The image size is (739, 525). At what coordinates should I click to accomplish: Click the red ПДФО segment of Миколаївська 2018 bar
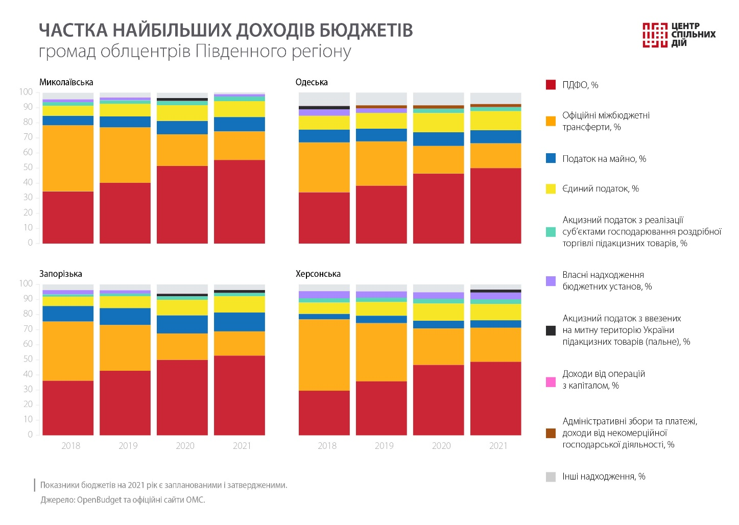[x=68, y=217]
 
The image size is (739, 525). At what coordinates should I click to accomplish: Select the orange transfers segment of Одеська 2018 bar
[x=324, y=167]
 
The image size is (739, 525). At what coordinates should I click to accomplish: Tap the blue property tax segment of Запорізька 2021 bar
[x=240, y=322]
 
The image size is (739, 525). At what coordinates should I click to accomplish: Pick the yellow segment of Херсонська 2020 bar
[x=438, y=312]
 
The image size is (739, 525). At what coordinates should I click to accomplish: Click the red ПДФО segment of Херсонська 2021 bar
[x=495, y=398]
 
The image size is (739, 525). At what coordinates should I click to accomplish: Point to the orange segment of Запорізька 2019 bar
[x=125, y=347]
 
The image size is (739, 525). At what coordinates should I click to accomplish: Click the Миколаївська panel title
[x=66, y=82]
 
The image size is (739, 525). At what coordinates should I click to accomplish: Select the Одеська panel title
[x=312, y=82]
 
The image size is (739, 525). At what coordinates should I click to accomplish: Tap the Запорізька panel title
[x=61, y=274]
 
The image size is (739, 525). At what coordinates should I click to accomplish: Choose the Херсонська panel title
[x=318, y=274]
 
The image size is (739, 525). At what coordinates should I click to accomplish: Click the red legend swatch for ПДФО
[x=551, y=85]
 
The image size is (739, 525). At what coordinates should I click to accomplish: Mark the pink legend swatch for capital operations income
[x=551, y=381]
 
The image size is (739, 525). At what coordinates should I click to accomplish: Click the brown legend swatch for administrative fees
[x=551, y=433]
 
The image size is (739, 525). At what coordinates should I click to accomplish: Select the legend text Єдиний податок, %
[x=601, y=188]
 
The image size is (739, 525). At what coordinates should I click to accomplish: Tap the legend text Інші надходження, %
[x=604, y=476]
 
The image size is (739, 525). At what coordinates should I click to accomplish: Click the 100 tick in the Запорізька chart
[x=26, y=283]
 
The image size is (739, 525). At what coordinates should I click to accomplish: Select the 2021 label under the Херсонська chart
[x=498, y=446]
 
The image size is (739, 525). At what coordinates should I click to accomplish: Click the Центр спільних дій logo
[x=679, y=35]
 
